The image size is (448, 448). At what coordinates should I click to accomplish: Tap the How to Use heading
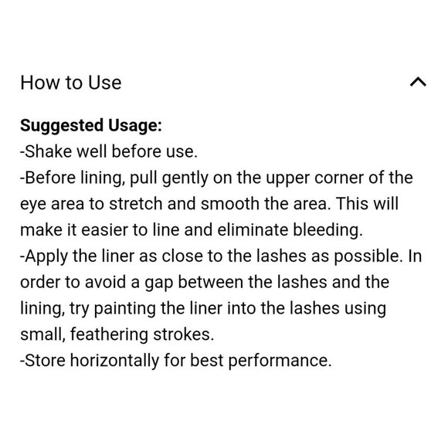pyautogui.click(x=70, y=82)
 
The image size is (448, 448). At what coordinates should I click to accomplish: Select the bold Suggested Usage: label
pyautogui.click(x=90, y=125)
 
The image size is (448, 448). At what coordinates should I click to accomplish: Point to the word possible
pyautogui.click(x=347, y=256)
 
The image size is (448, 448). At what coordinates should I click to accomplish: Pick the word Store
pyautogui.click(x=45, y=361)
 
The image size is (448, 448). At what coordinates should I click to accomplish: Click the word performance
pyautogui.click(x=286, y=361)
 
